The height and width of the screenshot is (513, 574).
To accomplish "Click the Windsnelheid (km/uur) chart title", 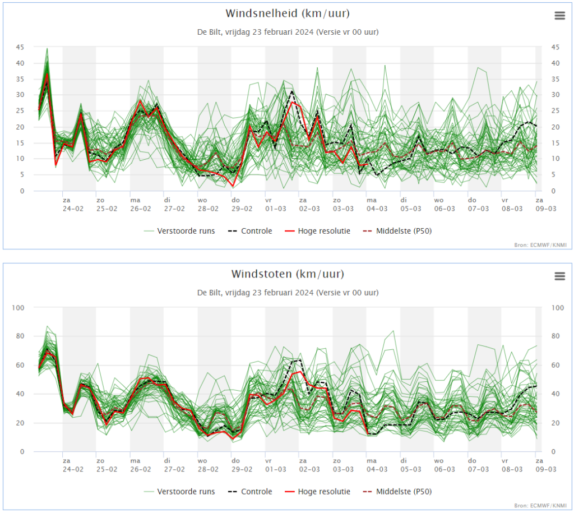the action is (x=288, y=13).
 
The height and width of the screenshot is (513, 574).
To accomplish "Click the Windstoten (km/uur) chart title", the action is (x=288, y=274).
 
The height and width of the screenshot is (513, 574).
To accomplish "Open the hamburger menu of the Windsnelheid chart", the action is (x=560, y=16).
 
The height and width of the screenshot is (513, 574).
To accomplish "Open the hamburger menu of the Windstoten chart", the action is (x=560, y=276).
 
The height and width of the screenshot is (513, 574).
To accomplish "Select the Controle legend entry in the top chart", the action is (x=250, y=231).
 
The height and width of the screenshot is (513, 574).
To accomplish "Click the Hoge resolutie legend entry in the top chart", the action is (x=317, y=231).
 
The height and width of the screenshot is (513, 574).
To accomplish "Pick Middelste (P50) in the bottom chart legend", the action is (x=397, y=492).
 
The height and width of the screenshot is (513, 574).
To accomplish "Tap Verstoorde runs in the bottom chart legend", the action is (x=179, y=492).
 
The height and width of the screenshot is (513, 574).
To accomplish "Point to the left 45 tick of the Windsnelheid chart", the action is (x=20, y=47).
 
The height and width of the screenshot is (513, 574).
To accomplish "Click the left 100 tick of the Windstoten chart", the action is (x=18, y=308).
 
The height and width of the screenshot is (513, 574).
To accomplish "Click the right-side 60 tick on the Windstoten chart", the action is (x=556, y=365).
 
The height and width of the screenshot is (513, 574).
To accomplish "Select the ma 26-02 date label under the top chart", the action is (x=141, y=205).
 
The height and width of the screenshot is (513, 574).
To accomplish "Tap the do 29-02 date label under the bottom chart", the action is (x=242, y=465).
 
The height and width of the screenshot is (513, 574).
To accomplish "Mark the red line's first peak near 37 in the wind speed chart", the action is (x=47, y=73).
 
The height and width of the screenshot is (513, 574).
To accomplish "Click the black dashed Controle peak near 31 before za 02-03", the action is (x=291, y=91).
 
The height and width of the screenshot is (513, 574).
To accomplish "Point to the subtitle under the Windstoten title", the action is (x=288, y=293).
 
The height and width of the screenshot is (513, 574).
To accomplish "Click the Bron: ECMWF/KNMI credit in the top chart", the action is (x=540, y=245).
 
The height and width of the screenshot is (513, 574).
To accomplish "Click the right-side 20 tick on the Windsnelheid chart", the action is (x=556, y=127).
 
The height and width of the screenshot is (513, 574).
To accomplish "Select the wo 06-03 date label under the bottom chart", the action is (x=445, y=465).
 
